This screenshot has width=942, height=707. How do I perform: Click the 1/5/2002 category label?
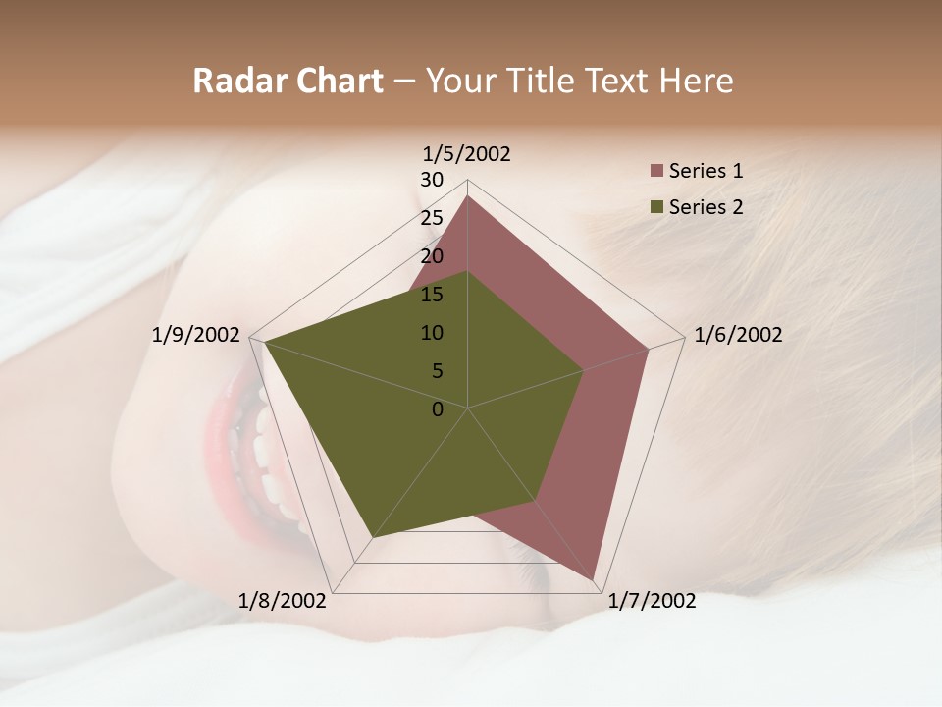(x=467, y=153)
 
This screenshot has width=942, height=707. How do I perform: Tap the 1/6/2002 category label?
(x=738, y=335)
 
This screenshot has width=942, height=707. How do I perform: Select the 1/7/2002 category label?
(x=652, y=601)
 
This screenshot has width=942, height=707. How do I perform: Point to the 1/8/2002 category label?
(x=282, y=601)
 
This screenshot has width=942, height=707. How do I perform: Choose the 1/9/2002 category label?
(x=195, y=335)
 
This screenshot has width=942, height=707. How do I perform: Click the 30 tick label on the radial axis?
(x=432, y=180)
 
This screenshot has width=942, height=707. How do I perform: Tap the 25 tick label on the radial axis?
(x=432, y=218)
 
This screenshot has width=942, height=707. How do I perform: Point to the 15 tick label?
(x=432, y=295)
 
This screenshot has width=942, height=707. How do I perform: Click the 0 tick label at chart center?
(x=438, y=409)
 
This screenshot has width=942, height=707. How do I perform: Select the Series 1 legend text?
(x=706, y=171)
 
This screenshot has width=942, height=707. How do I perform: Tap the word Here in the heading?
(x=696, y=81)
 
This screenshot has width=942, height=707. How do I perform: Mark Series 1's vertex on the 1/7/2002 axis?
(x=593, y=579)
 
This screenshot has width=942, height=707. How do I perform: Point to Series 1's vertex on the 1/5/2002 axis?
(x=467, y=195)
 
